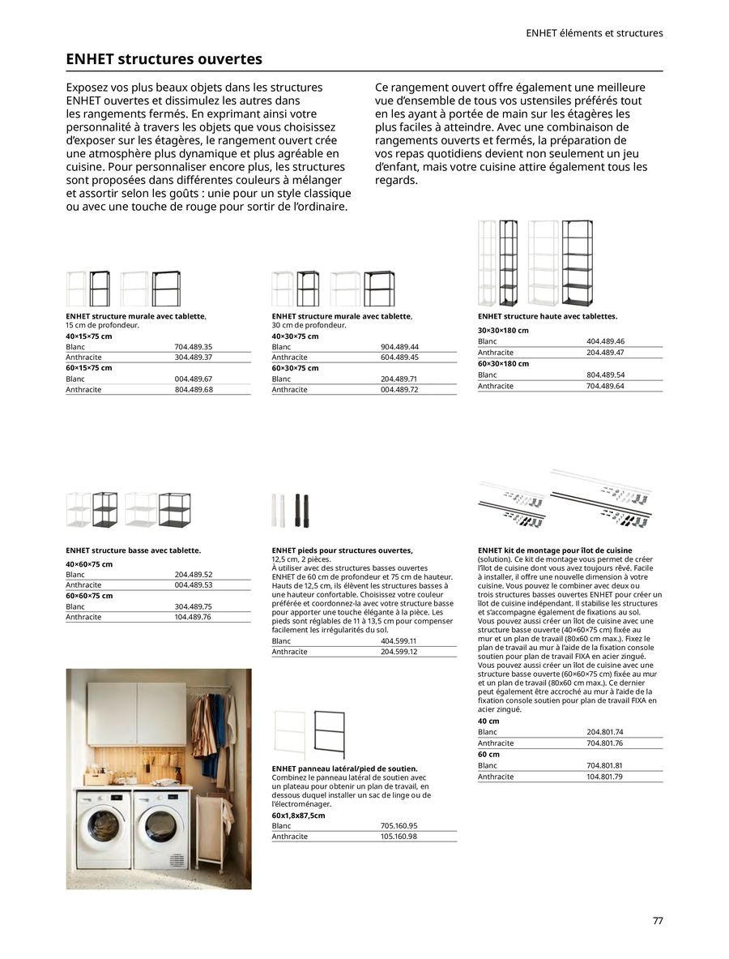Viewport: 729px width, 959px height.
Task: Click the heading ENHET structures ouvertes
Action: point(164,59)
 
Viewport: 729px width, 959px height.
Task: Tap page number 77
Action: point(657,921)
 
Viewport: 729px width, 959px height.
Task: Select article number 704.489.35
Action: point(193,346)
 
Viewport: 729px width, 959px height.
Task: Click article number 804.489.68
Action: point(193,390)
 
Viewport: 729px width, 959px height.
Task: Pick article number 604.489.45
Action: point(399,357)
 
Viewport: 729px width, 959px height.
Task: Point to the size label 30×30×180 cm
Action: point(503,331)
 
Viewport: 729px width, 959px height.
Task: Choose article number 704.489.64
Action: point(605,386)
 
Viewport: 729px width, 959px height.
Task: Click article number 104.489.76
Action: point(193,617)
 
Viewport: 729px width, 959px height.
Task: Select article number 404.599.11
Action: point(399,640)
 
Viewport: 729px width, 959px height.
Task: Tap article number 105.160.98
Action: point(399,836)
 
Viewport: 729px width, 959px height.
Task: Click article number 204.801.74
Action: point(605,732)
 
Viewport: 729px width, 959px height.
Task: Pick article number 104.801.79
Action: point(605,777)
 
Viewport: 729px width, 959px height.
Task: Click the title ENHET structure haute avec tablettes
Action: point(547,316)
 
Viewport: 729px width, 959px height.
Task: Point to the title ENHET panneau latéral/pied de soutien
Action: point(344,768)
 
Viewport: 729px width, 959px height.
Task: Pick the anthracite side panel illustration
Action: point(328,734)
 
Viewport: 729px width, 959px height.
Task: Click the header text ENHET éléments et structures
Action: point(594,33)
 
